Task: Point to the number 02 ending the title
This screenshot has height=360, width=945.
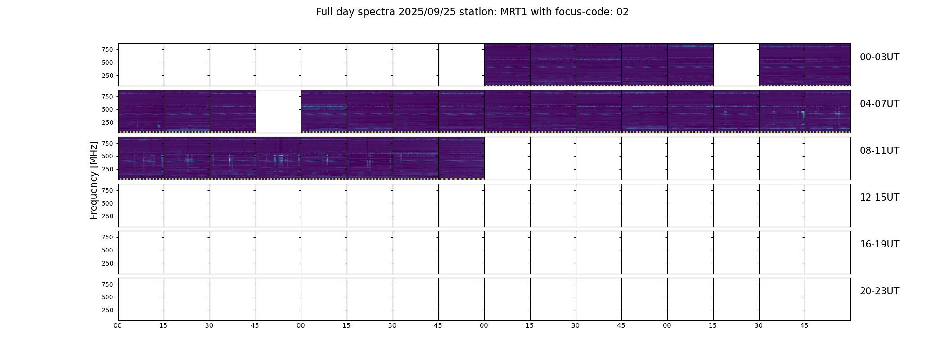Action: (623, 12)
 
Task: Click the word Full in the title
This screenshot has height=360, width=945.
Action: (324, 12)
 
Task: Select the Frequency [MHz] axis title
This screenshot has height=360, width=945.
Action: (94, 180)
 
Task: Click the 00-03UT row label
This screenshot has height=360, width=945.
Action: (879, 57)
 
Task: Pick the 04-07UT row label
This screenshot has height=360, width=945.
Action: (879, 104)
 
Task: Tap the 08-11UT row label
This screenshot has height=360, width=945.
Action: (879, 151)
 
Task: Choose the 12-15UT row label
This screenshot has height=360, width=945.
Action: (879, 198)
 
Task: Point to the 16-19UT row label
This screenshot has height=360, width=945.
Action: (879, 244)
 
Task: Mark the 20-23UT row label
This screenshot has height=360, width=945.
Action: (879, 291)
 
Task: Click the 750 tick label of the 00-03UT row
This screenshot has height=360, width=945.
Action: (108, 49)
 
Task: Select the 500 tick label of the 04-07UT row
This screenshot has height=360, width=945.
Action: (108, 109)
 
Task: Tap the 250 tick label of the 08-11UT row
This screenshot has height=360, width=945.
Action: (108, 169)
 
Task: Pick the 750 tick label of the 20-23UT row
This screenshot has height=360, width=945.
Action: (108, 284)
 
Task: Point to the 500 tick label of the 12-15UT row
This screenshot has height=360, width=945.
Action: (108, 203)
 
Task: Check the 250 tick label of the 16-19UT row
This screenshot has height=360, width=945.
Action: (108, 263)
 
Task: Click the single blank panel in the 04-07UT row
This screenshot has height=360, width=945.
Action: (279, 112)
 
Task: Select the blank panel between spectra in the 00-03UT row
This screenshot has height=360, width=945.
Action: (736, 65)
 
